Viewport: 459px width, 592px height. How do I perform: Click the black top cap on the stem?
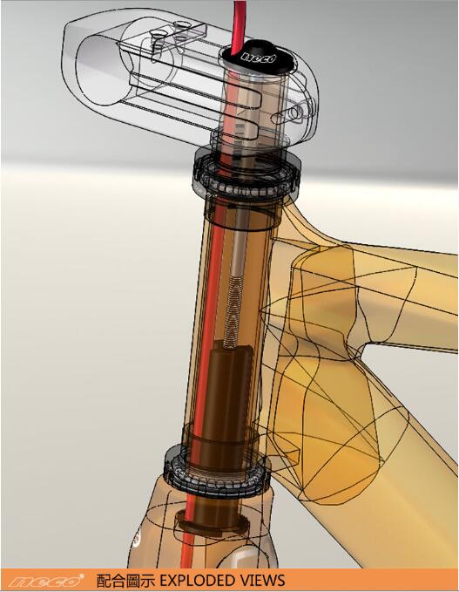(259, 57)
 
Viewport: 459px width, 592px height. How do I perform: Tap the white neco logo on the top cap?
(259, 58)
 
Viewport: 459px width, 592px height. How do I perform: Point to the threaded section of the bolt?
(231, 316)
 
